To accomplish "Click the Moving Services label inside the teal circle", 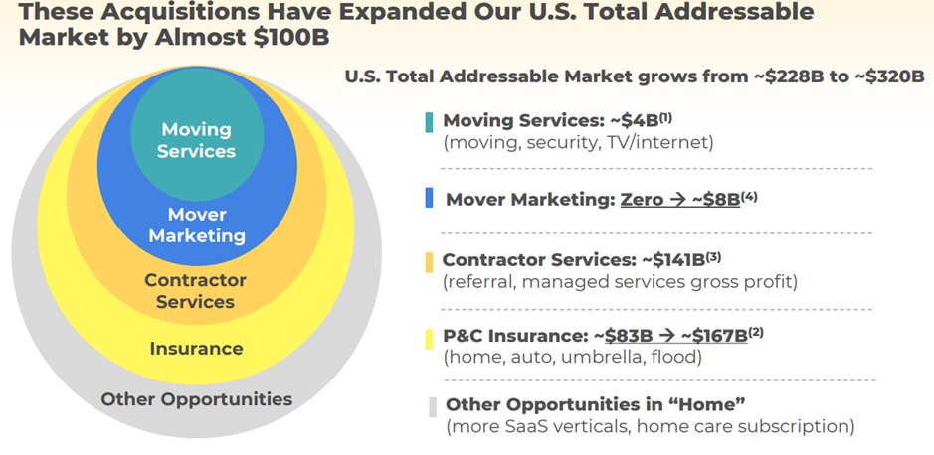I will coord(196,140).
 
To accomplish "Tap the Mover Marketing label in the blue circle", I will coord(196,226).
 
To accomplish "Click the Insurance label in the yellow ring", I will coord(196,349).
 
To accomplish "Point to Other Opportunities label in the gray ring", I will coord(196,399).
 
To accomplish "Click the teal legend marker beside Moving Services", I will coord(428,121).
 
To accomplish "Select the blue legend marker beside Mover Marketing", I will coord(428,199).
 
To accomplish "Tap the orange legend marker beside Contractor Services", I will coord(428,262).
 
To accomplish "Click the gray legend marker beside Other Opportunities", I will coord(432,405).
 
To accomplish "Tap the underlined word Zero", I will coord(642,199).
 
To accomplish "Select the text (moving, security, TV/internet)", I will coord(578,142).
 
